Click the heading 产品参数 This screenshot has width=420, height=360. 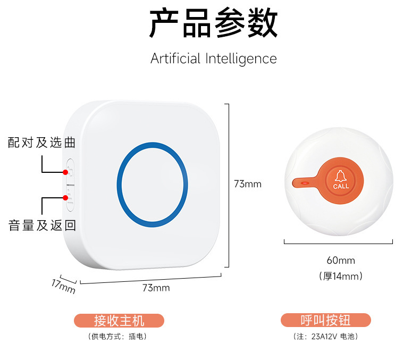coord(213,24)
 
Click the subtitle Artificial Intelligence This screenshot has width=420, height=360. coord(213,58)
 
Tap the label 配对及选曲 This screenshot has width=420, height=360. coord(41,143)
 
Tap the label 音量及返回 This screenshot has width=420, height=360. coord(42,225)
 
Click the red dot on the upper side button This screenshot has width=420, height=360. coord(65,172)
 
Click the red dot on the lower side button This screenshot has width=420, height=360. coord(65,198)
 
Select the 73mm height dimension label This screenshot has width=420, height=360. coord(248,184)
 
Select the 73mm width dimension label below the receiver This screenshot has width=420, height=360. coord(156,288)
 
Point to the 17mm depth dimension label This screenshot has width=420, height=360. coord(63,286)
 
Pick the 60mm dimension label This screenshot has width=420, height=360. coord(340,261)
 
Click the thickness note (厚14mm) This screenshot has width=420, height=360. coord(341,276)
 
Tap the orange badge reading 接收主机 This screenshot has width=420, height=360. coord(119,320)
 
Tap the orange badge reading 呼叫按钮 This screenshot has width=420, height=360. coord(326,320)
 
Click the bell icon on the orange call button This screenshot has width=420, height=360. coord(341,175)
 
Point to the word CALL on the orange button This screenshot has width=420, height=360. coord(341,186)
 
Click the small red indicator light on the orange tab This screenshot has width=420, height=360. coord(305,183)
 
